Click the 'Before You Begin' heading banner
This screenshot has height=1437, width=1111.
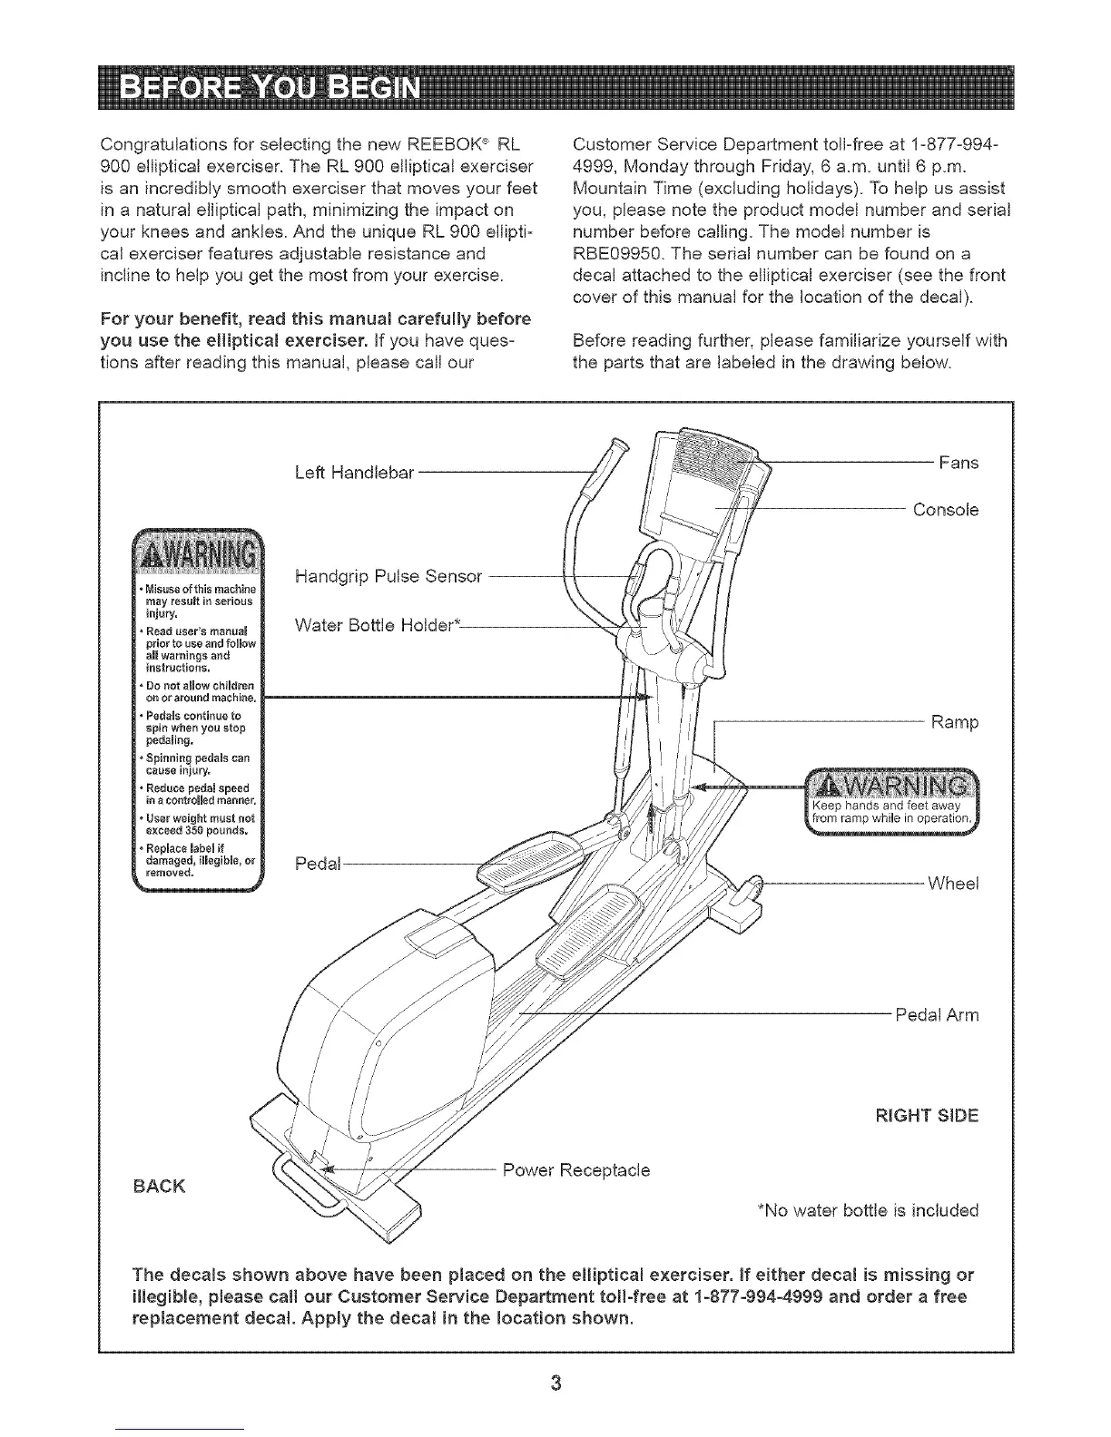pos(555,93)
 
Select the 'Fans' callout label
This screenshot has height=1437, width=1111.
pos(959,463)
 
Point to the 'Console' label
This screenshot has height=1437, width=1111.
pos(946,510)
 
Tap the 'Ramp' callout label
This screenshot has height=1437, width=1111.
pos(955,723)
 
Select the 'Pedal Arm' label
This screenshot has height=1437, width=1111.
pos(937,1014)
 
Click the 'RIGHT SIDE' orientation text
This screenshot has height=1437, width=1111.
pos(926,1116)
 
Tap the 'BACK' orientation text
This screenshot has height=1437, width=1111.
pos(160,1185)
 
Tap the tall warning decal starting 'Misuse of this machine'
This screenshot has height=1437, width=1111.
pos(197,709)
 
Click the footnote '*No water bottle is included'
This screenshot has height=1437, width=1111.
pos(868,1210)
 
